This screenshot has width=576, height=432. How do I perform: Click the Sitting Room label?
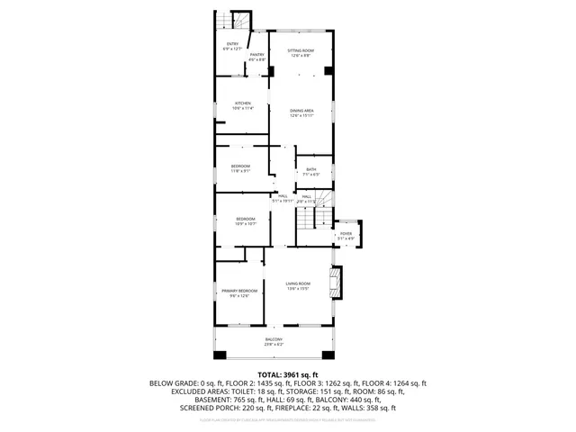[301, 50]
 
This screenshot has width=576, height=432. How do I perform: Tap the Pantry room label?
[256, 55]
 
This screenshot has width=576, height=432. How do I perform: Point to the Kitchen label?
[242, 103]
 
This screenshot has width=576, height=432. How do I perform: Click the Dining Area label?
[301, 111]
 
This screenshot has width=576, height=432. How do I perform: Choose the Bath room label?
[310, 169]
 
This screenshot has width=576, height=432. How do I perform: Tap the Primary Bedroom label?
[239, 291]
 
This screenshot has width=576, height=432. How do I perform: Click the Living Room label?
[298, 283]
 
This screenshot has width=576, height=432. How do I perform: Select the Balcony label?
[273, 339]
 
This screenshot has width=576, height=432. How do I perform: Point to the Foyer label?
[346, 233]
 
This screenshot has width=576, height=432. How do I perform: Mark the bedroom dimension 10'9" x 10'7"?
[247, 223]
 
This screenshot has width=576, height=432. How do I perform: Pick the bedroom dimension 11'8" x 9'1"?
[240, 171]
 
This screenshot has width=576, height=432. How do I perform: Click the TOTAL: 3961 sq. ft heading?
[287, 373]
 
